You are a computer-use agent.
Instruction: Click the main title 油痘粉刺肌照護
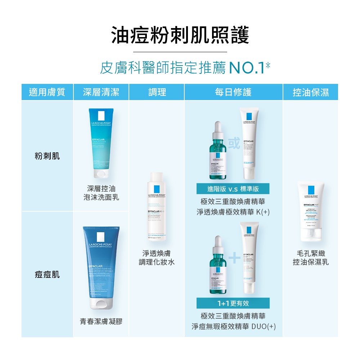pos(180,36)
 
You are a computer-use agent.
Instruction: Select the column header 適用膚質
pos(47,92)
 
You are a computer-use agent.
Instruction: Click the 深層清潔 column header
pos(101,92)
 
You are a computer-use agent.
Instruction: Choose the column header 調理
pos(157,92)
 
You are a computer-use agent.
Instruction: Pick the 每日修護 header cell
pos(233,92)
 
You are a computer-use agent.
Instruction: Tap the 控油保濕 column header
pos(310,92)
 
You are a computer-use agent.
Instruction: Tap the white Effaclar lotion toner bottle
pos(157,207)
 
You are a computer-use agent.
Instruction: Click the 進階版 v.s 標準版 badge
pos(233,189)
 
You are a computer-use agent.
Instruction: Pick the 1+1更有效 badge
pos(233,303)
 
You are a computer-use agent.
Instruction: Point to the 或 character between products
pos(234,144)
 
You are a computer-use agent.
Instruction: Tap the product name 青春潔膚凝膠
pos(101,321)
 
